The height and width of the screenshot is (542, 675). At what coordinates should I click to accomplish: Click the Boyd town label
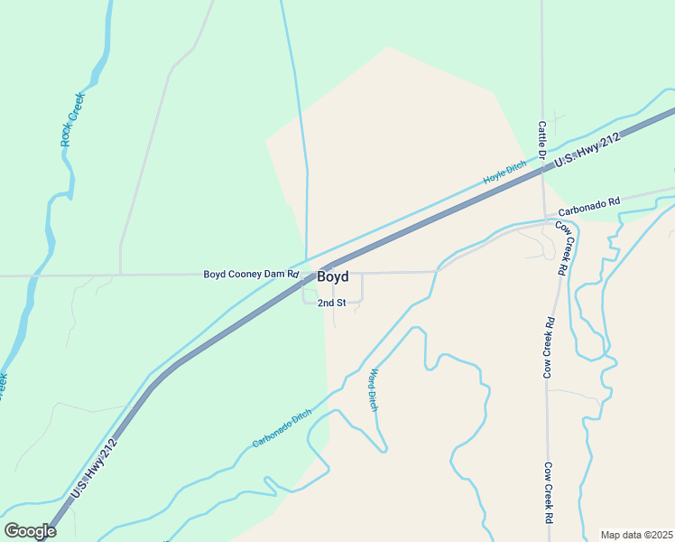[332, 277]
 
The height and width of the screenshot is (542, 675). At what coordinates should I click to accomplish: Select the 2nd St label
[331, 303]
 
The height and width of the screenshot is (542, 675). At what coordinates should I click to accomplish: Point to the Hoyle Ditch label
[504, 173]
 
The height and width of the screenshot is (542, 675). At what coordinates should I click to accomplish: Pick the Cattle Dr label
[542, 142]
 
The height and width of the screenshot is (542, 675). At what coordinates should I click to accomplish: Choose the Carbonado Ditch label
[282, 428]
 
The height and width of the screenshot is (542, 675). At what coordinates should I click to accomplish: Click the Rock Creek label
[72, 118]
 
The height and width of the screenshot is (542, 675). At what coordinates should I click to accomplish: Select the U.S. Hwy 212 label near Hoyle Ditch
[587, 149]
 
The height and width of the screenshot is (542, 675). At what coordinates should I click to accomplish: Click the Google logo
[30, 531]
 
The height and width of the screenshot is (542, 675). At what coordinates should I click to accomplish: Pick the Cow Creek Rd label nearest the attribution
[548, 493]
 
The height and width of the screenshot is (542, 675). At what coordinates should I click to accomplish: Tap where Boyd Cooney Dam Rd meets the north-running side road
[120, 274]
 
